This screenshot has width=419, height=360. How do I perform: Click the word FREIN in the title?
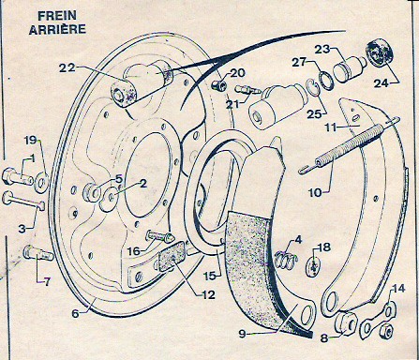coord(57,16)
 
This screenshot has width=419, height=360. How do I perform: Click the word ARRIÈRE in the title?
coord(57,29)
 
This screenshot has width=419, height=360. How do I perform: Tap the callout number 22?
coord(67,67)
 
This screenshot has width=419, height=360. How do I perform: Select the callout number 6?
coord(75,313)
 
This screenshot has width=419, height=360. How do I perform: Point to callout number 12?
coord(208,294)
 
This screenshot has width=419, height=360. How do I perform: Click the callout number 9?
coord(243,334)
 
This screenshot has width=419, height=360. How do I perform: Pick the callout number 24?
coord(382,83)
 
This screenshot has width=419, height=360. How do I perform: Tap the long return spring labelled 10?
coord(349,145)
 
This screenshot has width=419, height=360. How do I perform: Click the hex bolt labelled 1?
coord(17,177)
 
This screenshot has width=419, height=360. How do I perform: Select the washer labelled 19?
coord(41,182)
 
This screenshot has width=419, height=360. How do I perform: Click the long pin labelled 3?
coord(23,201)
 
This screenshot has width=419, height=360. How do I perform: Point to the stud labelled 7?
coord(38,253)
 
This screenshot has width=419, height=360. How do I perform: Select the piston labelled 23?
coord(349,70)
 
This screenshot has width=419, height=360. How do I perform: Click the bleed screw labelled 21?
coord(247,90)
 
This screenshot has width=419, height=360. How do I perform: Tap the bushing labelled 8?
coord(346,323)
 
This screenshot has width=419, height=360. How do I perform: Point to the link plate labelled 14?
coord(378,321)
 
